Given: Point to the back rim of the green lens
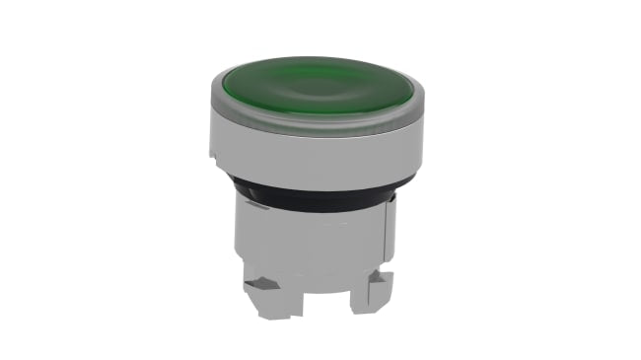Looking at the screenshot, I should [320, 62].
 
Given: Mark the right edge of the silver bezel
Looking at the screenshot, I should [425, 138].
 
